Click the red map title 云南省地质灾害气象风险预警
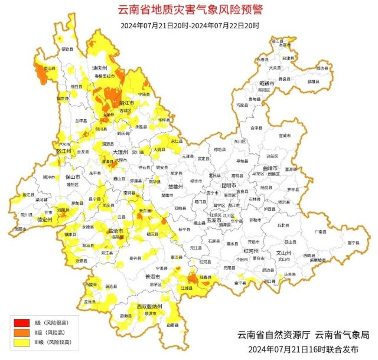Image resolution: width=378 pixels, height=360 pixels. [x=188, y=10]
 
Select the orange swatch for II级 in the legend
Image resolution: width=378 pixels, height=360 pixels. [x=22, y=332]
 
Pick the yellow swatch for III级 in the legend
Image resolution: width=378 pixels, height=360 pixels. [x=22, y=342]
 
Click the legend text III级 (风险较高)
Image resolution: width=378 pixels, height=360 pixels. [x=52, y=342]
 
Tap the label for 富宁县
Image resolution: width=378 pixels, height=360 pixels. [x=353, y=243]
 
